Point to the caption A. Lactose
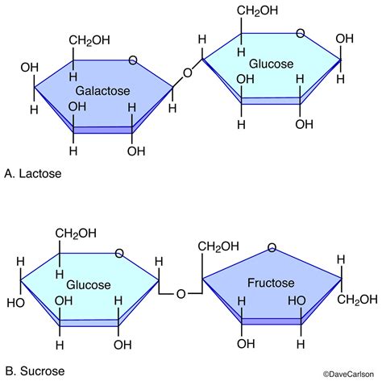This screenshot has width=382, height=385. (31, 173)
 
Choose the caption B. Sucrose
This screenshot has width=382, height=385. (33, 371)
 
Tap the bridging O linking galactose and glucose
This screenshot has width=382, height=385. (187, 73)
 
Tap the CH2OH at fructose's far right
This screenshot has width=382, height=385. (356, 300)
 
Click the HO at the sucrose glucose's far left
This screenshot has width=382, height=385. (15, 304)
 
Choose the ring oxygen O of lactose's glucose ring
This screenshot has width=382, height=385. (301, 34)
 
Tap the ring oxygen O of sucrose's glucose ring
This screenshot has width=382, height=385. (119, 253)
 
